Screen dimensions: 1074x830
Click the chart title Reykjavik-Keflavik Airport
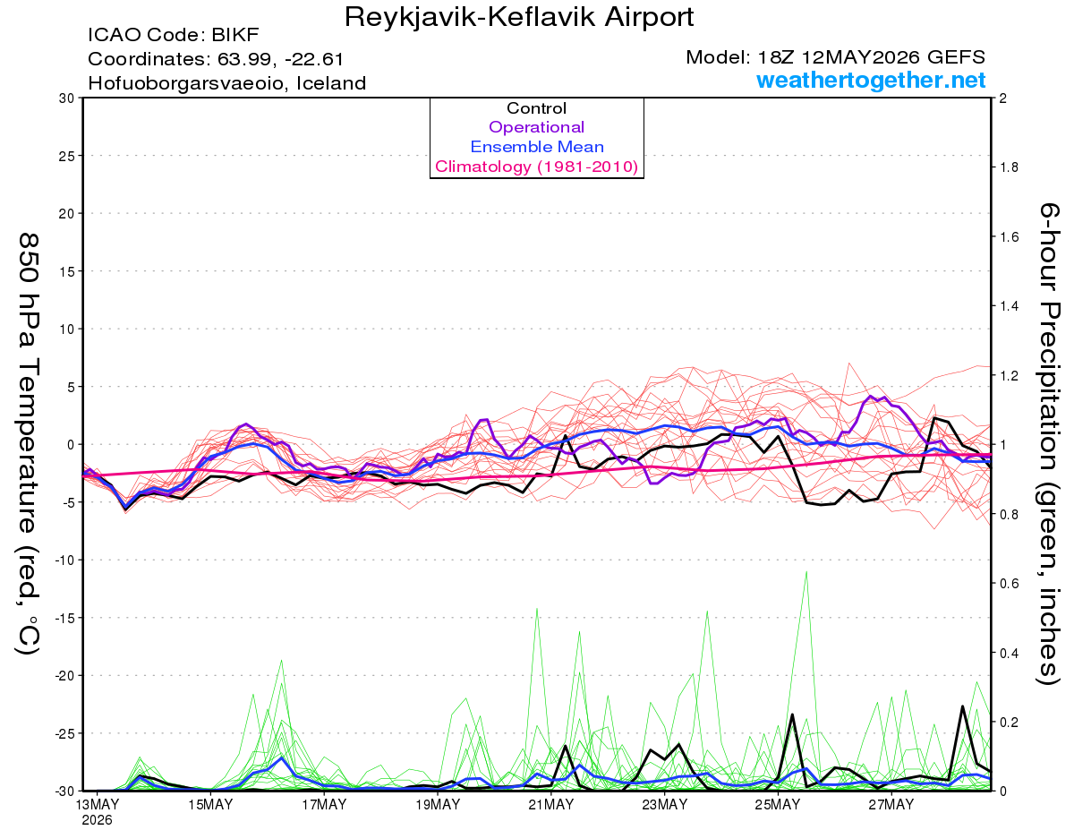518,17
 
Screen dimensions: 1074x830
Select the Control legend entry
536,107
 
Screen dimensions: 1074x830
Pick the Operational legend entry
536,127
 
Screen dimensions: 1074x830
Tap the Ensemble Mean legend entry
537,147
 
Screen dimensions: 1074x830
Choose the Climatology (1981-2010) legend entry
537,167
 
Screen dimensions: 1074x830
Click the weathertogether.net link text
871,80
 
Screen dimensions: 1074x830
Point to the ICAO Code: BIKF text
174,35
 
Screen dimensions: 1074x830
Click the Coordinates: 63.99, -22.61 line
216,59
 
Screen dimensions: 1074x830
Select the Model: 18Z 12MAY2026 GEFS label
835,57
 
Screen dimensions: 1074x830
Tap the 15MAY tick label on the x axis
210,805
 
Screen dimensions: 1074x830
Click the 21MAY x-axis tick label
550,805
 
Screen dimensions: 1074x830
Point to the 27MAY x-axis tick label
891,805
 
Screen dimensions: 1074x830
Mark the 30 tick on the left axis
67,98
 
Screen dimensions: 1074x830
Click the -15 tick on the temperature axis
64,618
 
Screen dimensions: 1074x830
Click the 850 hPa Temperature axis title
29,444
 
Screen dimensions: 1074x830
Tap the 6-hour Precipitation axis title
1049,444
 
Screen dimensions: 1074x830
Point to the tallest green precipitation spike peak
806,572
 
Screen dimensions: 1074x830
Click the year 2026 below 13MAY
97,821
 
